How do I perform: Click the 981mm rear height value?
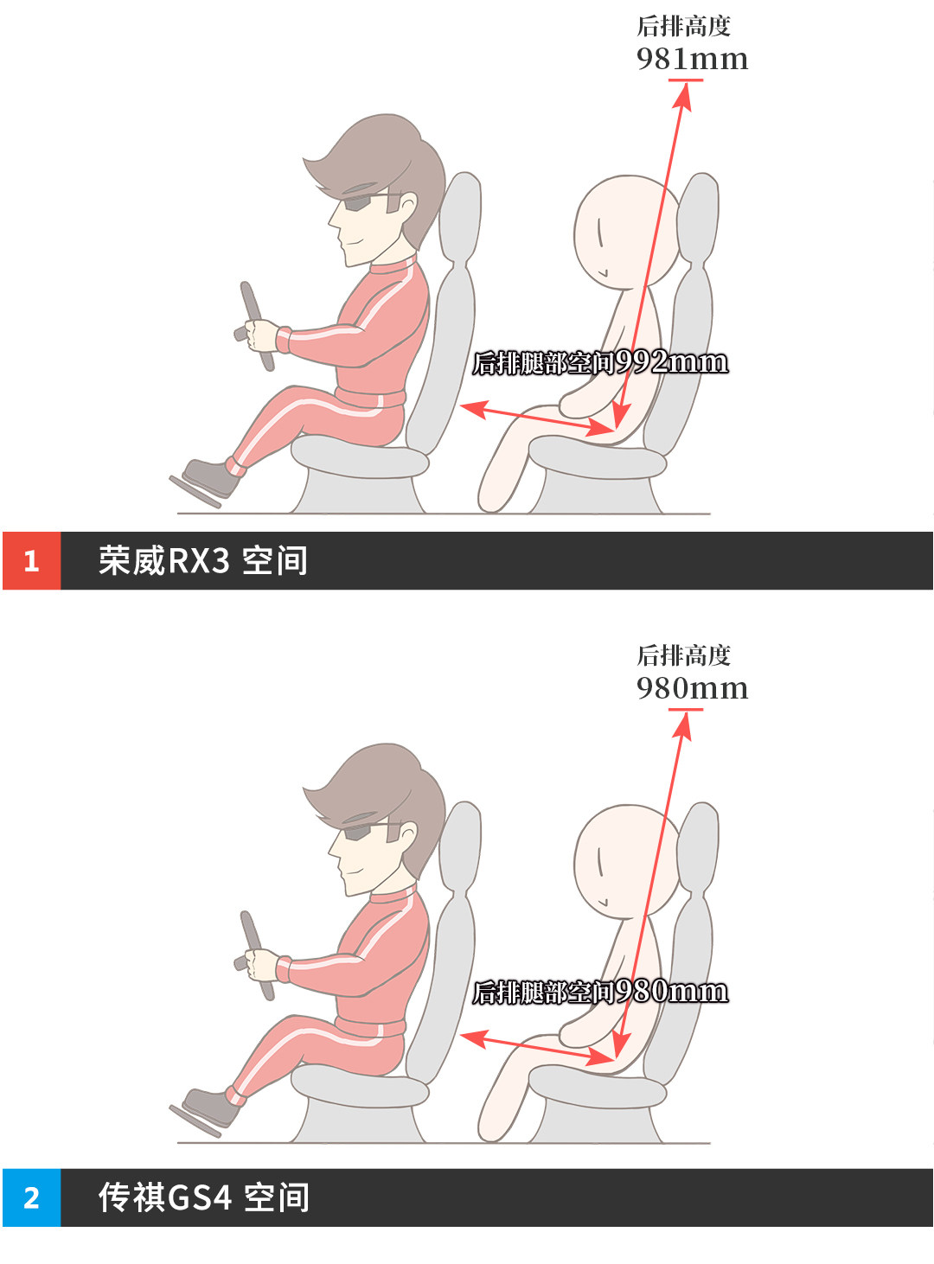692,60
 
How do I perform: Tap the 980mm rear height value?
692,688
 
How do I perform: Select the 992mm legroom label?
600,362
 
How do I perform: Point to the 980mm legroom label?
600,993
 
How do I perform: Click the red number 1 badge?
31,560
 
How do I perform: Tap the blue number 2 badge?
31,1197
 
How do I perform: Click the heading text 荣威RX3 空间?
203,560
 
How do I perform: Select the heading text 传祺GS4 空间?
203,1197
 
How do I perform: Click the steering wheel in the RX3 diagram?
256,326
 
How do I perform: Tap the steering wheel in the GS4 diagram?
256,955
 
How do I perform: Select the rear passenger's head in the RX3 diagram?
626,231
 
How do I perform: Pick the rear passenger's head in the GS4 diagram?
626,860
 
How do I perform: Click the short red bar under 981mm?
686,80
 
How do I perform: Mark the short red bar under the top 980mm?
686,710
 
